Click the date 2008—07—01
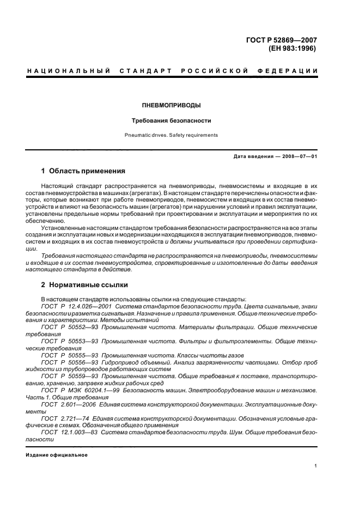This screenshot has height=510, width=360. (299, 156)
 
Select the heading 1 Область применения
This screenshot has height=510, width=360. (83, 171)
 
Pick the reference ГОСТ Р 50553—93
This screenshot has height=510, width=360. (69, 340)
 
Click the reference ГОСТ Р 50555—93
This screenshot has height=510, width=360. (69, 354)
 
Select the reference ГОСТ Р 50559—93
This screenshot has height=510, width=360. (69, 375)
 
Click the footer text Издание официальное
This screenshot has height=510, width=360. (57, 455)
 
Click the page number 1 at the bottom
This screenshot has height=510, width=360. (315, 466)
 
